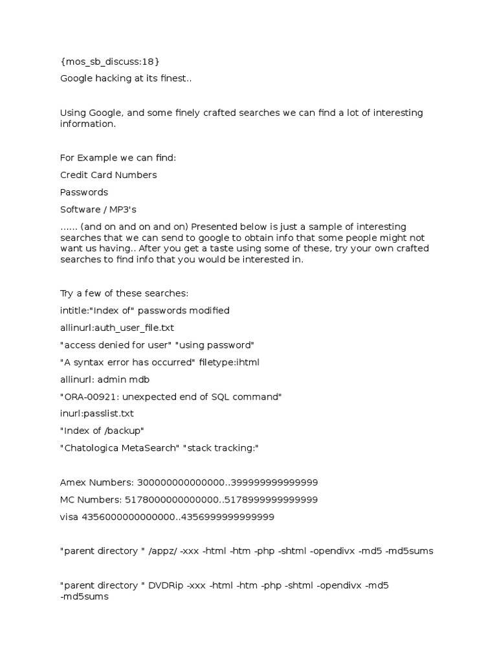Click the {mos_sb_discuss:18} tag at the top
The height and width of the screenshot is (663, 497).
109,62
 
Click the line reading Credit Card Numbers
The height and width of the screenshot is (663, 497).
108,175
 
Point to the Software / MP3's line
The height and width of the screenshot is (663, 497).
98,209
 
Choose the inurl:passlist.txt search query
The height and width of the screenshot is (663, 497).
97,413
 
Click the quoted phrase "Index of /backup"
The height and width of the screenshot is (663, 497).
102,430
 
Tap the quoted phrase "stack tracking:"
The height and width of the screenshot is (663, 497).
222,447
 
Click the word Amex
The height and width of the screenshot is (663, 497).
73,482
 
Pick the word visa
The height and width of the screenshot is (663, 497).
69,517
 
